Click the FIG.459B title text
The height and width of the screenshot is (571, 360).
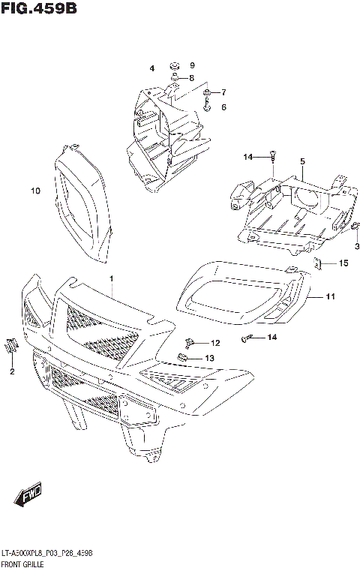[x=39, y=8]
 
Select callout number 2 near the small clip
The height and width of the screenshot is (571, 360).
[x=12, y=371]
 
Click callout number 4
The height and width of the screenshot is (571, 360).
[x=151, y=68]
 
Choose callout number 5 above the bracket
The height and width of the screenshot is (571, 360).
[x=302, y=161]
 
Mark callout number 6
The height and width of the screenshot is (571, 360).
[x=223, y=107]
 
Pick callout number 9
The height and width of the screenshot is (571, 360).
[x=192, y=65]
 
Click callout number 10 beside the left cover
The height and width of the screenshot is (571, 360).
[x=34, y=191]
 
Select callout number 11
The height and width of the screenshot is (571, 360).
[x=331, y=296]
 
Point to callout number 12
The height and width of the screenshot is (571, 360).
[x=215, y=343]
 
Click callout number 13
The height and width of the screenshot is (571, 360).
[x=209, y=358]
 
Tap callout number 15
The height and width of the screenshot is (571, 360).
[x=343, y=263]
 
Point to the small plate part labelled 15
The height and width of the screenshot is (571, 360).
[x=318, y=263]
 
